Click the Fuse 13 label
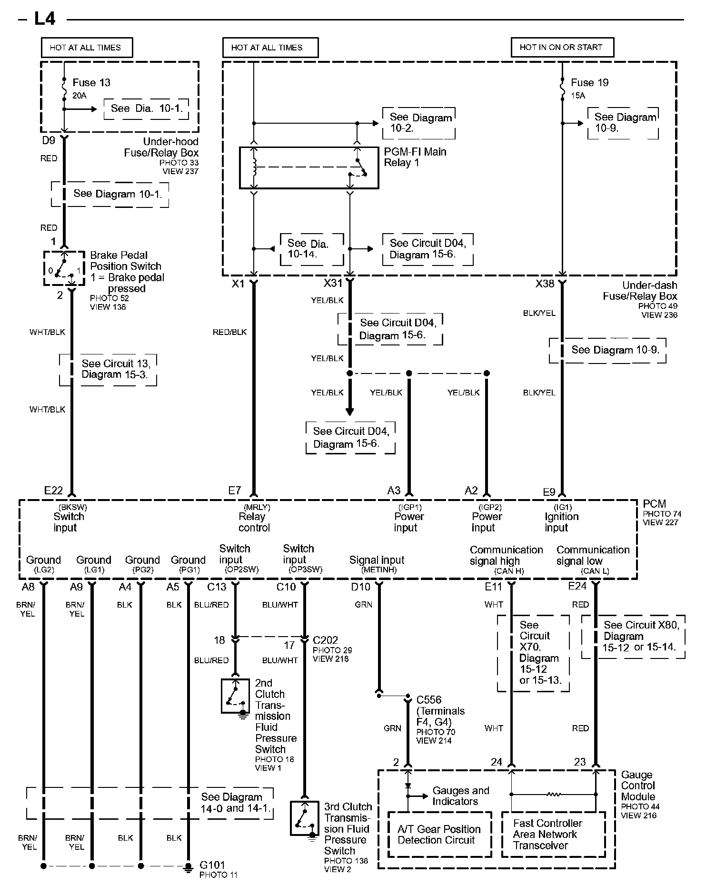tap(91, 83)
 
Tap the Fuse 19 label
tap(590, 83)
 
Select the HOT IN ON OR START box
tap(562, 47)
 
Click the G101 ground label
tap(212, 864)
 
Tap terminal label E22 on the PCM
tap(53, 491)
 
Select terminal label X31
tap(333, 284)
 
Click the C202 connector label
tap(326, 640)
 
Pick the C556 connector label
tap(429, 700)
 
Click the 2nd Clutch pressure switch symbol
tap(236, 696)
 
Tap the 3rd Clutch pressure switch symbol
tap(305, 818)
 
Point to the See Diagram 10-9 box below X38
tap(607, 351)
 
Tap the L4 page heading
tap(45, 19)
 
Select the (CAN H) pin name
tap(509, 571)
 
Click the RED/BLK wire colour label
tap(229, 332)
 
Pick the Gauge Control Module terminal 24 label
tap(497, 762)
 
